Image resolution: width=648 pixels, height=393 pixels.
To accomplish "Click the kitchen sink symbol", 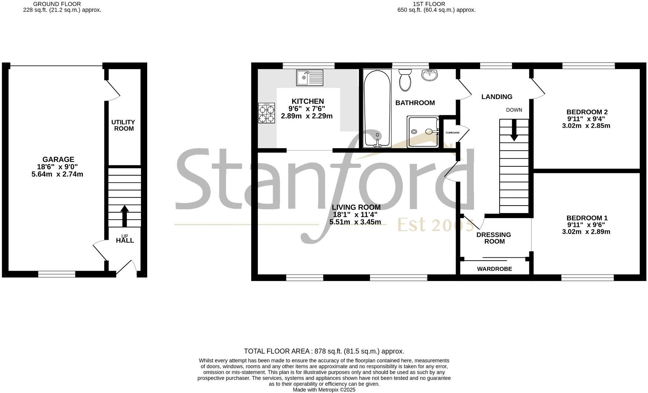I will pyautogui.click(x=310, y=78).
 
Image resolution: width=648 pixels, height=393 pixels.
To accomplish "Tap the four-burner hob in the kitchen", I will pyautogui.click(x=267, y=113).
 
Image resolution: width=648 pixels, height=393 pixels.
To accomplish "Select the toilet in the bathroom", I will pyautogui.click(x=405, y=80).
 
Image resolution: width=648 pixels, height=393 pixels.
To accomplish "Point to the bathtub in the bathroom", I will pyautogui.click(x=377, y=109).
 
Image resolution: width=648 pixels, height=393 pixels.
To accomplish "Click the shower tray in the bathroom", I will pyautogui.click(x=423, y=132).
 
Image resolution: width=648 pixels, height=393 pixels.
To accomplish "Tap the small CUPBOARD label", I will pyautogui.click(x=452, y=133).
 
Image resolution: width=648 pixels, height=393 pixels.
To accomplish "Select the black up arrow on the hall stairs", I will pyautogui.click(x=125, y=216).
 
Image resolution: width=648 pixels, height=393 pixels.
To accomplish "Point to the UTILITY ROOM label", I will pyautogui.click(x=124, y=125).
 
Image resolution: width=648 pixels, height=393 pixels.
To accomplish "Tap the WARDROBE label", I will pyautogui.click(x=495, y=269).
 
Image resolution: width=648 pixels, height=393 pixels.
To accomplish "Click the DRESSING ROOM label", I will pyautogui.click(x=494, y=238).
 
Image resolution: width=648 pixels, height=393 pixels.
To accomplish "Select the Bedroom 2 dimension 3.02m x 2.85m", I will pyautogui.click(x=586, y=126).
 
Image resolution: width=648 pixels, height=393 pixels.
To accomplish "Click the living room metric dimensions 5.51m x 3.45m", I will pyautogui.click(x=355, y=222).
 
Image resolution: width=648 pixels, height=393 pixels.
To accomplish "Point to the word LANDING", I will pyautogui.click(x=497, y=97).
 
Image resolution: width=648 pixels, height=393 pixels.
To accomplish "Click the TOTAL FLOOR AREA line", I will pyautogui.click(x=324, y=351).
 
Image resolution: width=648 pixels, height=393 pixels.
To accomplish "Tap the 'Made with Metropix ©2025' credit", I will pyautogui.click(x=324, y=390).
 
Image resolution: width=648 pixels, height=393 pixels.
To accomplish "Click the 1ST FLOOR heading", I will pyautogui.click(x=429, y=4).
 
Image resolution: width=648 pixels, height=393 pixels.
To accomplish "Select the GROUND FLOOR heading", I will pyautogui.click(x=57, y=4).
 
